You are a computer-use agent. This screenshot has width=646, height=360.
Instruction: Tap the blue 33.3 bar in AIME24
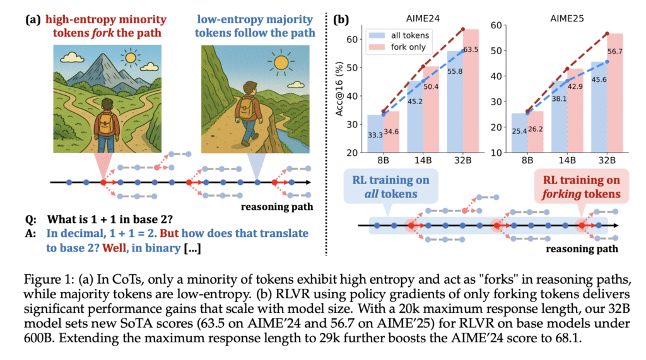click(376, 134)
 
